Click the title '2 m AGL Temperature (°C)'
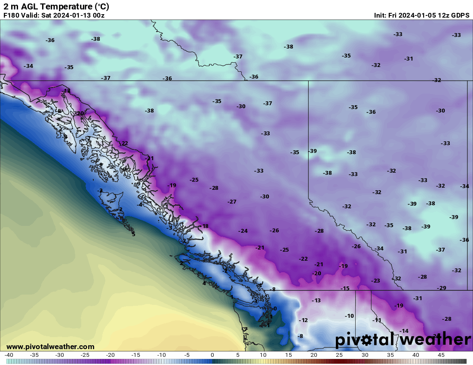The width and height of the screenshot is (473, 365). point(56,6)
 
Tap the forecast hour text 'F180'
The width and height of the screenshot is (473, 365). point(11,15)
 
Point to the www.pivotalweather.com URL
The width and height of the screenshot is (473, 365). point(50,347)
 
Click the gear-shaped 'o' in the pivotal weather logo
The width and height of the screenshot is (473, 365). point(366,340)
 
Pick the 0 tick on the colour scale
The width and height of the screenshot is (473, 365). point(212,355)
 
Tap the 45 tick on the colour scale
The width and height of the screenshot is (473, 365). point(441,355)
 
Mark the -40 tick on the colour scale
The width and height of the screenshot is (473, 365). point(9,355)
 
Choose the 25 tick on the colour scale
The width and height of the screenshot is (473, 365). point(339,355)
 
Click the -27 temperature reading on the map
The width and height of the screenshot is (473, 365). point(232,202)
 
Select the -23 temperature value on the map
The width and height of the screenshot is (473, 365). point(375,281)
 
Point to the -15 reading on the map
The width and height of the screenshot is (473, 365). point(345,289)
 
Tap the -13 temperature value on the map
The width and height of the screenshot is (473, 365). point(316,301)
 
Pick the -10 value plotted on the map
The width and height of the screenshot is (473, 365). point(349,316)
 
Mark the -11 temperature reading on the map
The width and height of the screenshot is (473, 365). point(377,320)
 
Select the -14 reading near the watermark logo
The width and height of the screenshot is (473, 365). point(403,331)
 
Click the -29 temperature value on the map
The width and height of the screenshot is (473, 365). point(441,288)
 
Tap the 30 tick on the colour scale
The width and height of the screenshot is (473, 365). point(365,355)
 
